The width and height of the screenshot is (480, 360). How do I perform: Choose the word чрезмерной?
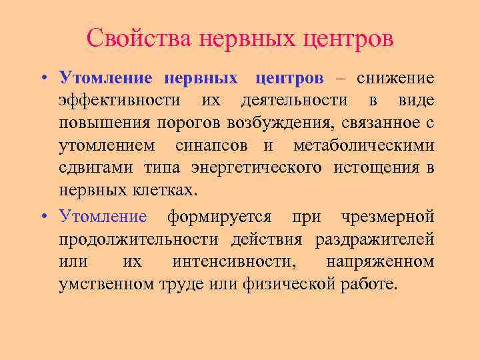(388, 216)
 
